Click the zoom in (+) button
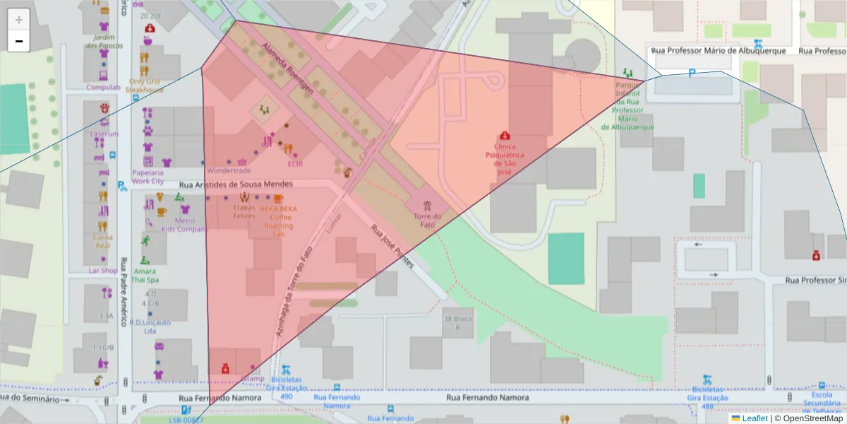click(19, 20)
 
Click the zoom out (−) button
click(19, 41)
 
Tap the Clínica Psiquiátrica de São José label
click(504, 158)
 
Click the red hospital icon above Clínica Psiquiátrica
click(504, 136)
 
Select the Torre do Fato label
click(428, 220)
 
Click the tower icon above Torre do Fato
click(428, 205)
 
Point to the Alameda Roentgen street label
click(287, 67)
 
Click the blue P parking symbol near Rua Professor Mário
click(692, 73)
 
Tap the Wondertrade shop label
click(229, 171)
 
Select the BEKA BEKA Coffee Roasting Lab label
click(278, 221)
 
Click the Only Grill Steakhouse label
click(145, 86)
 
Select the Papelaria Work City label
click(148, 177)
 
